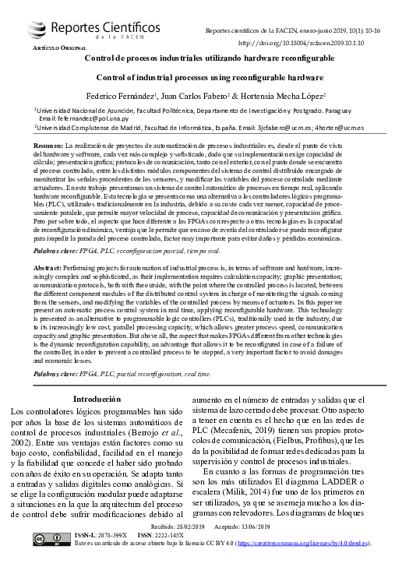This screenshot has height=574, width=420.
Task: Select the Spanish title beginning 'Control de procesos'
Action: coord(209,58)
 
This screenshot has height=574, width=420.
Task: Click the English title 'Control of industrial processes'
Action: coord(209,77)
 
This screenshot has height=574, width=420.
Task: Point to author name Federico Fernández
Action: coord(120,96)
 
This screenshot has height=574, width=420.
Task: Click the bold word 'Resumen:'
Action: coord(49,146)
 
